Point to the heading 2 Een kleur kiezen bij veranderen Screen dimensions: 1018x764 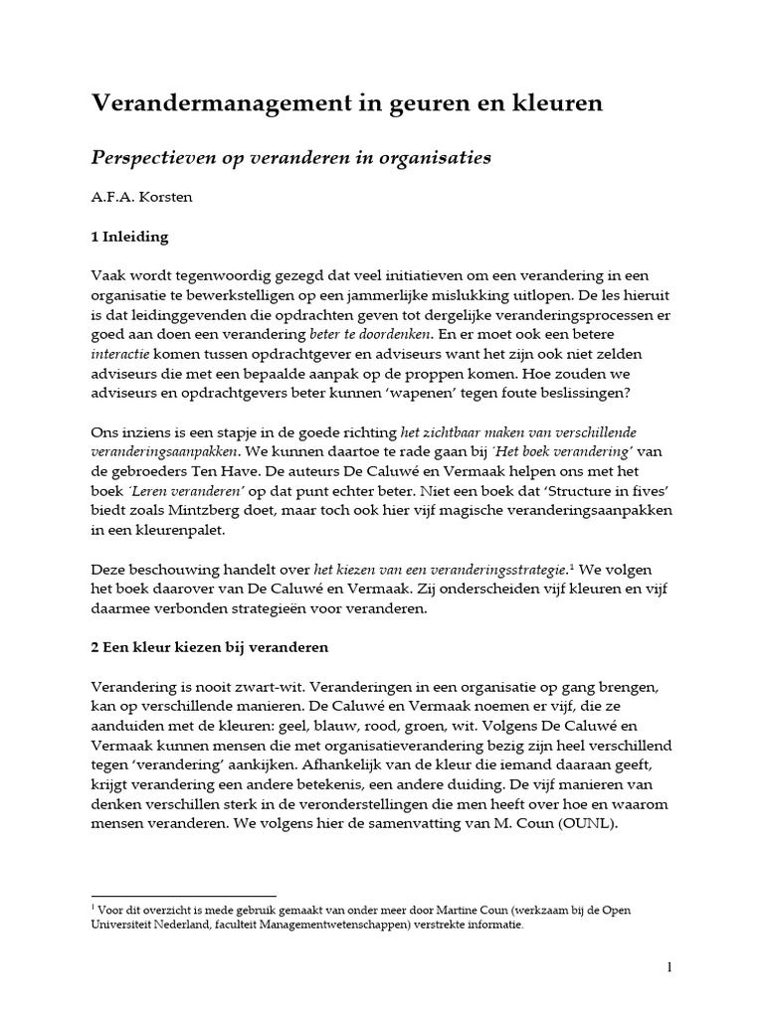210,647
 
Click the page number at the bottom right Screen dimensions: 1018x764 669,966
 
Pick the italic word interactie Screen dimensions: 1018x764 118,357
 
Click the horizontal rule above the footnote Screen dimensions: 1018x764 183,896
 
